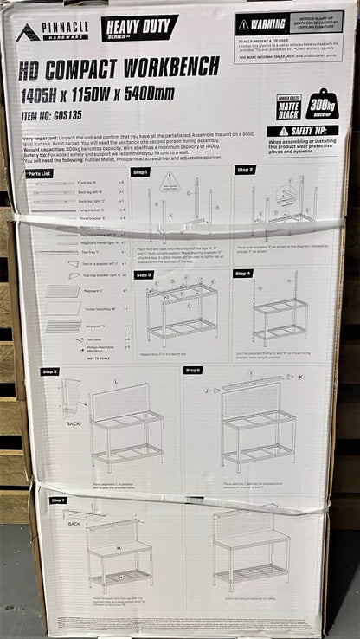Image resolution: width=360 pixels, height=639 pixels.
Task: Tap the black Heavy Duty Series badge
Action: tap(138, 28)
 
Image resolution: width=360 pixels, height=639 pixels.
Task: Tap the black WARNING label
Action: tap(264, 24)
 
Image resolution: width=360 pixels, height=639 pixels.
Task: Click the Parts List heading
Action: tap(39, 173)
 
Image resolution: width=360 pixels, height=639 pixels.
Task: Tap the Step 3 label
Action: tap(144, 274)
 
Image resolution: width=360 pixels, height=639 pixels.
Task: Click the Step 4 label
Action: tap(243, 274)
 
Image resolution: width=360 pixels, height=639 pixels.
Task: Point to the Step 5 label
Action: tap(50, 371)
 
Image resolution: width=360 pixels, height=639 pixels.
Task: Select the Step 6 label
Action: tap(192, 370)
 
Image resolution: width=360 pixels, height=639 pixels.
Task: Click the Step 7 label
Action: tap(58, 500)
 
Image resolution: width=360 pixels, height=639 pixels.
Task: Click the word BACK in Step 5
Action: tap(73, 423)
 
